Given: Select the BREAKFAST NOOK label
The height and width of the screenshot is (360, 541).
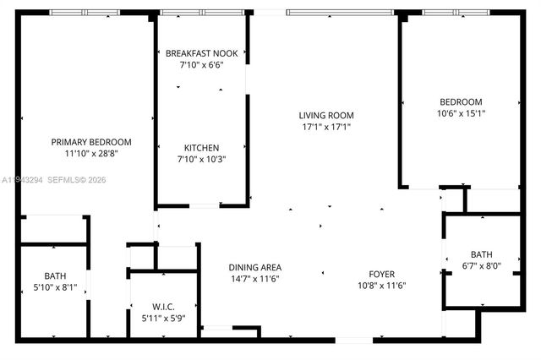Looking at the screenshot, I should (201, 52).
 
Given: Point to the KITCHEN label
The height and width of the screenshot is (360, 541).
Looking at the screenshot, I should (201, 147).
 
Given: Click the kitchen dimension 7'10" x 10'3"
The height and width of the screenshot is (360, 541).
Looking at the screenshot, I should (201, 159).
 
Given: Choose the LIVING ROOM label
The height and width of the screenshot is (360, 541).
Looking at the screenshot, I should (325, 116).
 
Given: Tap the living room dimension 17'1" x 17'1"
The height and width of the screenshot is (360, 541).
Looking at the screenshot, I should (325, 128).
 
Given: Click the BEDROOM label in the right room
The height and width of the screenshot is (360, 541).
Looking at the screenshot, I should (460, 101).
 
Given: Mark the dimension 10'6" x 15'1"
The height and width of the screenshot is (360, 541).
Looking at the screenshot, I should (460, 113).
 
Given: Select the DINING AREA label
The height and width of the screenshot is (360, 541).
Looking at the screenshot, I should (254, 267).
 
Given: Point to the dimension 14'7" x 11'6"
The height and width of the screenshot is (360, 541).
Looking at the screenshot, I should (254, 279).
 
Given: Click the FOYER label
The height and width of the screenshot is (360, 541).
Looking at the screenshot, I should (380, 274).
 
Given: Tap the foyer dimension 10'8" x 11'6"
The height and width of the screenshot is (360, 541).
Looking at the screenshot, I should (380, 286).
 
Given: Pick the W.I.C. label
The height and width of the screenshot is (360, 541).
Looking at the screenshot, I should (163, 306).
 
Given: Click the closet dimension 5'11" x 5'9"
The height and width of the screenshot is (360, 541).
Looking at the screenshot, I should (163, 318).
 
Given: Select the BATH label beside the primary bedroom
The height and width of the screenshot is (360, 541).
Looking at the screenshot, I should (54, 275).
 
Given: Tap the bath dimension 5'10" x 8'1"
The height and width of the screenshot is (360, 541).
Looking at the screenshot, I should (54, 286).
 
